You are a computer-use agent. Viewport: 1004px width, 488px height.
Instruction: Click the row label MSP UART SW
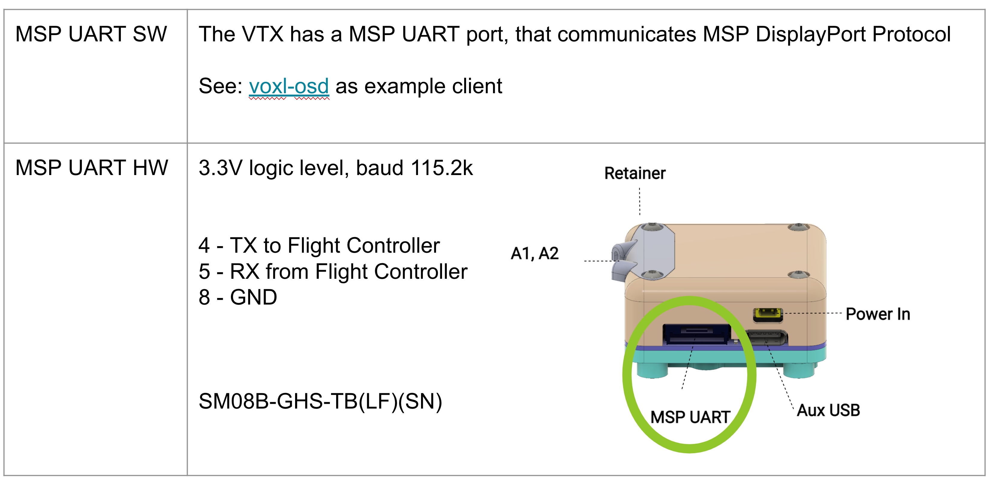click(91, 34)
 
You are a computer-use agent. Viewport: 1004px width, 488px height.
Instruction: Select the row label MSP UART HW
click(91, 168)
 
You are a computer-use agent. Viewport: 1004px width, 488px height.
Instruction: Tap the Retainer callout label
click(635, 173)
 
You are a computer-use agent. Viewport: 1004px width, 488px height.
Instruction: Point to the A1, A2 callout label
click(535, 254)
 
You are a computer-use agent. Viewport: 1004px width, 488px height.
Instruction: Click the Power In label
click(878, 314)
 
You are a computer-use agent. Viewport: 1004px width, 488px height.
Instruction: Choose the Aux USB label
click(828, 410)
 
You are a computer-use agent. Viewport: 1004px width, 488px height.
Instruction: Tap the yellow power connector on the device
click(767, 315)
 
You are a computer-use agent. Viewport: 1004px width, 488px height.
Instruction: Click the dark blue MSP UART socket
click(697, 334)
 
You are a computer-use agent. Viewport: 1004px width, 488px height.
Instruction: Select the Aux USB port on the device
click(766, 338)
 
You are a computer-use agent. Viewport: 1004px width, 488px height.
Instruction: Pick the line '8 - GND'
click(238, 297)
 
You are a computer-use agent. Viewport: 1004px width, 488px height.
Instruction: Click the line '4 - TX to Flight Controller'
click(319, 245)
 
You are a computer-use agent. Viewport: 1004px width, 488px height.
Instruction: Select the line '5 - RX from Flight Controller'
click(333, 272)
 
